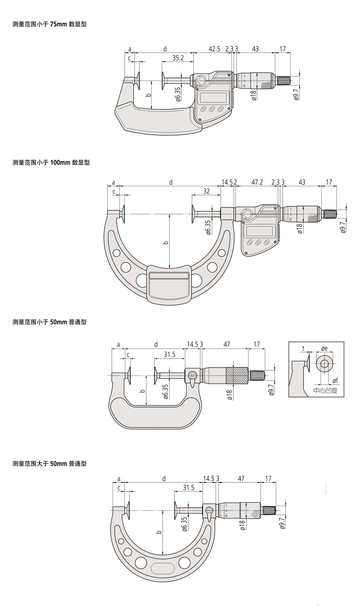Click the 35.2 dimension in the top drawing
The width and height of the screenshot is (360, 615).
(178, 58)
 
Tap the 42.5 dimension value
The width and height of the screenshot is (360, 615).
(215, 48)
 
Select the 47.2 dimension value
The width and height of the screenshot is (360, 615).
(257, 182)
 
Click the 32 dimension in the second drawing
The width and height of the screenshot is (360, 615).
(206, 192)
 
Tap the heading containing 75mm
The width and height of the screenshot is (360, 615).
(49, 24)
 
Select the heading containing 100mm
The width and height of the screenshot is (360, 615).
(51, 163)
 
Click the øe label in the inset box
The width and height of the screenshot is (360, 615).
(324, 348)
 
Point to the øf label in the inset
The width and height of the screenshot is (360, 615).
(335, 380)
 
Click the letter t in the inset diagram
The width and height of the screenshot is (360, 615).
(303, 348)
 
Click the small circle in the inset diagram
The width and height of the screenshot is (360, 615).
(324, 364)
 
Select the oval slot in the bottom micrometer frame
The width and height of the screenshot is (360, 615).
(163, 568)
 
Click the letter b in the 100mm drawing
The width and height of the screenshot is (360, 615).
(166, 242)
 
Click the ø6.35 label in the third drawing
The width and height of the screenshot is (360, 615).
(165, 391)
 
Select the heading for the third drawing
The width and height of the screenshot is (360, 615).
(49, 322)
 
